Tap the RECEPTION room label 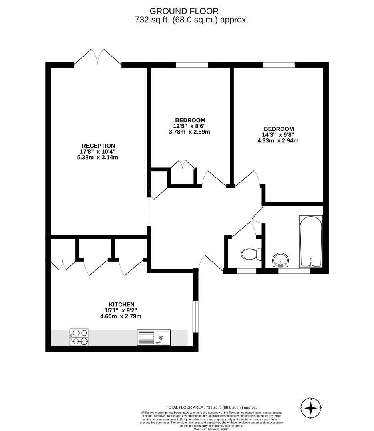click(98, 146)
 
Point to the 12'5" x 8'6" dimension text click(190, 126)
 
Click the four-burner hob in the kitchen click(79, 337)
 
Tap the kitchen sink click(153, 337)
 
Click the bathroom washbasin click(282, 260)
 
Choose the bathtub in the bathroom click(311, 242)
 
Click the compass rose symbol click(311, 408)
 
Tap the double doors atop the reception click(97, 57)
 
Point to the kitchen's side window click(195, 316)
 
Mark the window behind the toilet click(247, 271)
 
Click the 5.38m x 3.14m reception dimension click(98, 157)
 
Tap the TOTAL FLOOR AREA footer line click(211, 407)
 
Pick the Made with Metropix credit click(212, 429)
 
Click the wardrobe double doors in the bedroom click(183, 165)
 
